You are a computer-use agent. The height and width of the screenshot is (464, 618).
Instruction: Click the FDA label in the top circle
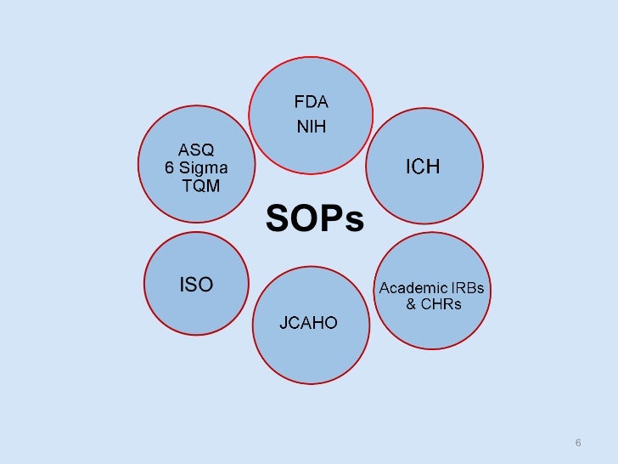pyautogui.click(x=311, y=103)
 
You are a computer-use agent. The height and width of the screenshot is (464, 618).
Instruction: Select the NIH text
pyautogui.click(x=311, y=128)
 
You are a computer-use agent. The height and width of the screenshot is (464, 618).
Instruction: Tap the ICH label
pyautogui.click(x=422, y=166)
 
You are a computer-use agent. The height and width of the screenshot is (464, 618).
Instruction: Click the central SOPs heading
pyautogui.click(x=315, y=219)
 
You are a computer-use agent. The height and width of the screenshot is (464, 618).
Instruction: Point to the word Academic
pyautogui.click(x=413, y=287)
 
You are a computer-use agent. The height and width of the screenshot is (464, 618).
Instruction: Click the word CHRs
pyautogui.click(x=441, y=304)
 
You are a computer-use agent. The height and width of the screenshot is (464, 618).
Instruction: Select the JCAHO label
pyautogui.click(x=309, y=323)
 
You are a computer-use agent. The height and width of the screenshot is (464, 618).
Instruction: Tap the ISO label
pyautogui.click(x=196, y=285)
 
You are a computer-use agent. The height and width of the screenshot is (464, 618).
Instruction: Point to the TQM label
pyautogui.click(x=200, y=186)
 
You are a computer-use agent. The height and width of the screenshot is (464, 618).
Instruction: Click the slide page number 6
pyautogui.click(x=578, y=443)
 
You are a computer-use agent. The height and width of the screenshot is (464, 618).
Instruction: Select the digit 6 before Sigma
pyautogui.click(x=170, y=168)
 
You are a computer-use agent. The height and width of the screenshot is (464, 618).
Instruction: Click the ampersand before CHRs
pyautogui.click(x=411, y=304)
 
